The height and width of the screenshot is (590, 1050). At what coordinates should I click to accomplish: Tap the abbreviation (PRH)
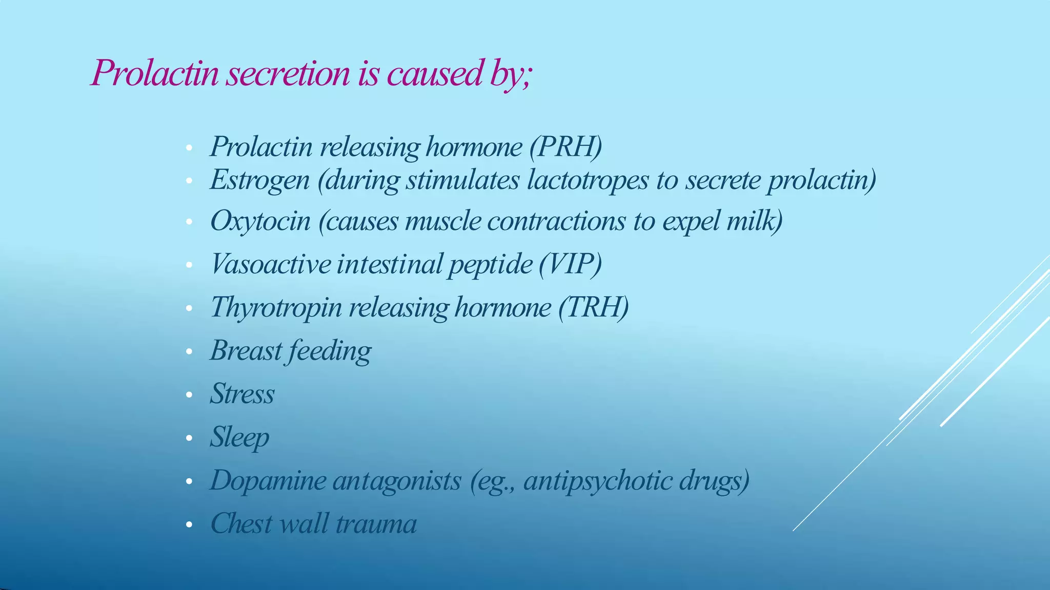566,147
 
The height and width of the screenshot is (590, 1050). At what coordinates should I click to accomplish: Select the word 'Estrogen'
259,180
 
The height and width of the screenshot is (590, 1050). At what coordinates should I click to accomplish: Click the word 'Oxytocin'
260,221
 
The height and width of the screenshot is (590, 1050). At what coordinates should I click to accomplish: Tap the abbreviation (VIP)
570,264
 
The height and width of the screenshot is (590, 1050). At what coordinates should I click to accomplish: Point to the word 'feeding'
330,351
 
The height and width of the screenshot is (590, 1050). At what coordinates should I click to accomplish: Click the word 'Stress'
242,394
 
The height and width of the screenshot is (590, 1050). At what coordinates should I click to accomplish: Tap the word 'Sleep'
239,437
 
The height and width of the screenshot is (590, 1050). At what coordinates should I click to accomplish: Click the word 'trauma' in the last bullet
376,523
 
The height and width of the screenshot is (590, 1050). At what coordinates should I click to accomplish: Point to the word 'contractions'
556,221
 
